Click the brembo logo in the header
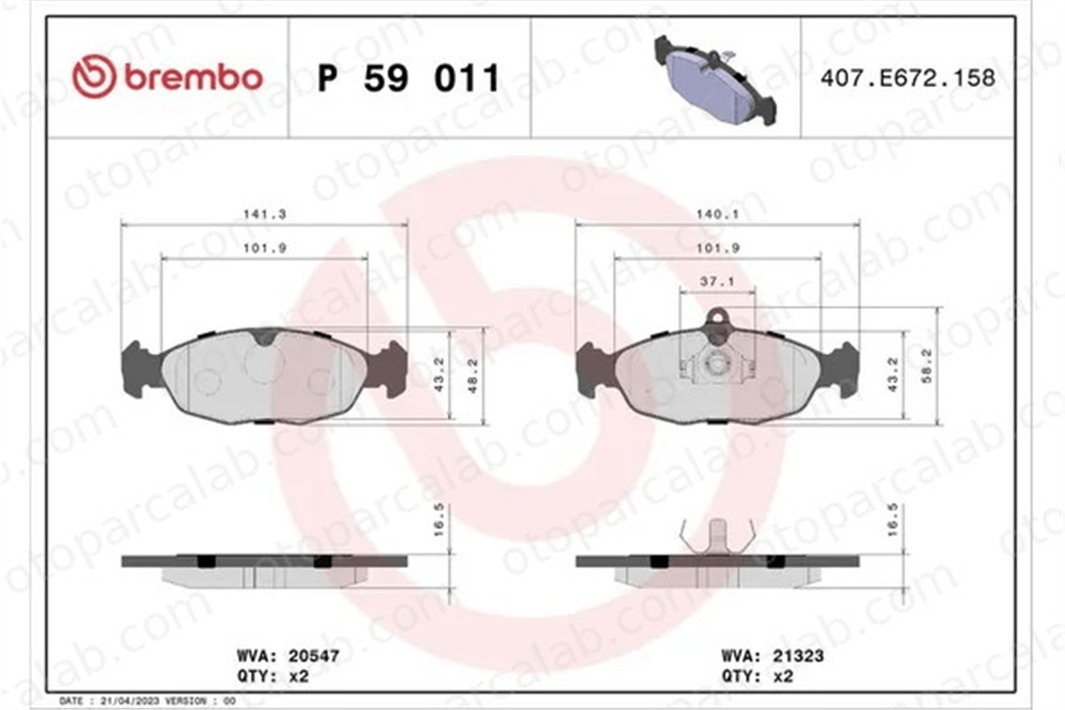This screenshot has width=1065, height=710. (x=168, y=77)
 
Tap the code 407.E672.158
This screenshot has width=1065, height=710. (x=907, y=78)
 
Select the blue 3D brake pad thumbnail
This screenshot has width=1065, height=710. (x=715, y=80)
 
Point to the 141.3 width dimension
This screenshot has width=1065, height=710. (x=265, y=214)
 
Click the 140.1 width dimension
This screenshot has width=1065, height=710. (x=717, y=214)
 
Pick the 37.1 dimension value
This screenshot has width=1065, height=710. (x=717, y=281)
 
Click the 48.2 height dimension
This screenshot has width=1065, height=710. (x=473, y=376)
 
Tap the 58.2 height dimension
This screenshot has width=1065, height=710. (x=927, y=366)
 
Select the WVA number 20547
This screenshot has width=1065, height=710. (x=314, y=656)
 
